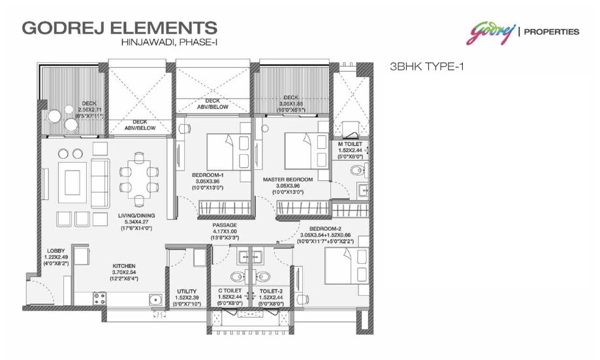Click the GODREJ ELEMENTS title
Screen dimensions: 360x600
[x=119, y=28]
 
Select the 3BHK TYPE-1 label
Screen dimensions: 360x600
[x=426, y=66]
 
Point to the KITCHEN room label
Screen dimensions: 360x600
[x=124, y=267]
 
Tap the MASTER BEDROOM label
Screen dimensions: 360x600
[x=288, y=179]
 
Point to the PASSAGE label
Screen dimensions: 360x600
[x=224, y=224]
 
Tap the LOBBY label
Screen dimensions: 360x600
[x=55, y=251]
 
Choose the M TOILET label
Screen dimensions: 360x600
[x=351, y=143]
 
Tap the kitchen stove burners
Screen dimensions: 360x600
[x=100, y=298]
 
